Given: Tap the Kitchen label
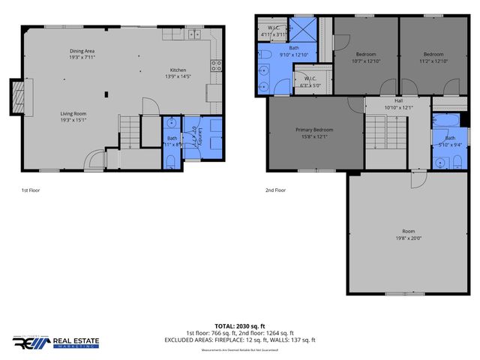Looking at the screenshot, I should [x=178, y=73].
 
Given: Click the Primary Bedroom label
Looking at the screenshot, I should [x=314, y=132].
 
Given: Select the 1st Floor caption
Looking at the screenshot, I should [x=30, y=190].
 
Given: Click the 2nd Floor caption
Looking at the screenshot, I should [x=276, y=190].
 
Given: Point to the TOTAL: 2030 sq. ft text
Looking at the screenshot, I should [x=240, y=326].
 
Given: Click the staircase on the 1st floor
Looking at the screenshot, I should [x=130, y=131].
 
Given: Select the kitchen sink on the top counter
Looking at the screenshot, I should [x=193, y=33].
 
